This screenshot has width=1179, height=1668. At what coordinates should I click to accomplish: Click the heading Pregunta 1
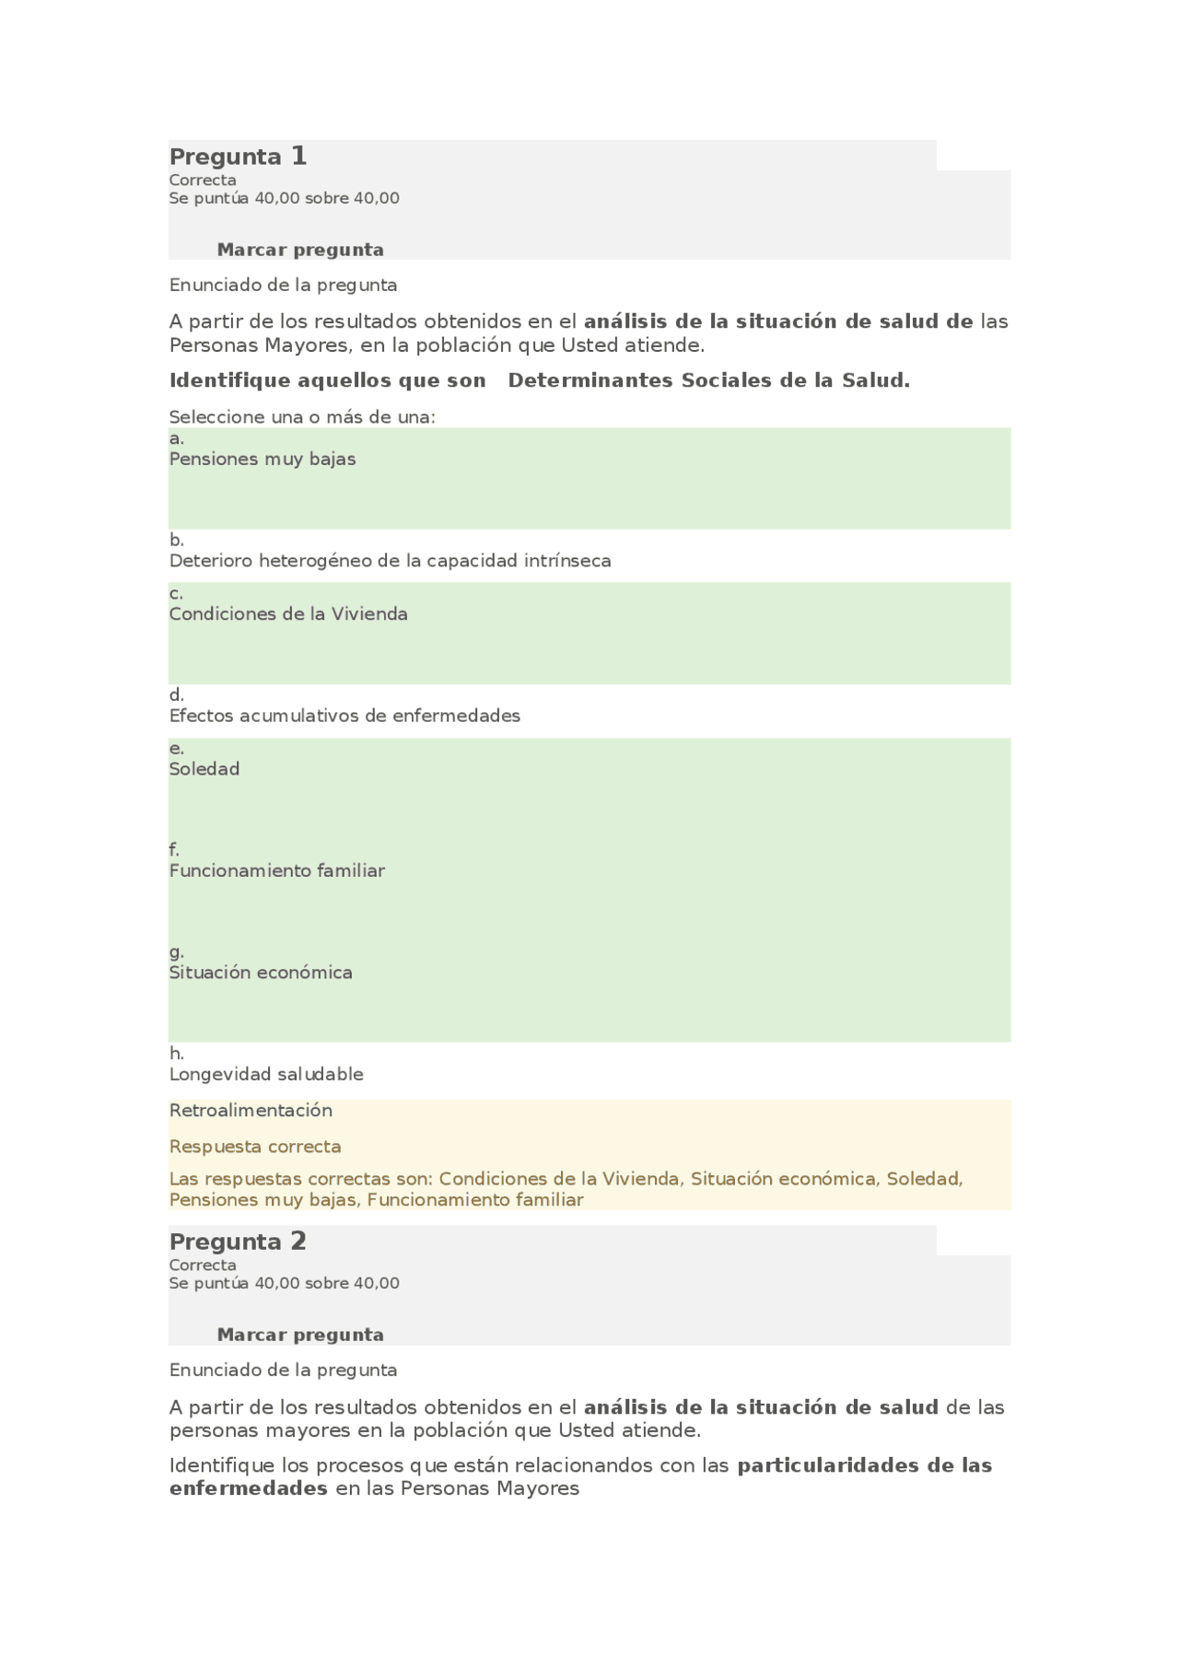point(238,157)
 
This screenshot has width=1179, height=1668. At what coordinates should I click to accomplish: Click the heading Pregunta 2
point(238,1242)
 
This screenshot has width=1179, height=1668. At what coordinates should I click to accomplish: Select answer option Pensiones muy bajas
point(263,459)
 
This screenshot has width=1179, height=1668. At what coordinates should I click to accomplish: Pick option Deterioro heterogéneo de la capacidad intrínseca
point(390,561)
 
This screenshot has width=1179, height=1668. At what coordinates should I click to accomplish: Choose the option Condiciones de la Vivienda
point(288,614)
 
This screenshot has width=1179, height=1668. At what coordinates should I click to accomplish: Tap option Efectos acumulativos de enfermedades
point(344,716)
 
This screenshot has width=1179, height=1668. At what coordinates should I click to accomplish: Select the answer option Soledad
point(204,769)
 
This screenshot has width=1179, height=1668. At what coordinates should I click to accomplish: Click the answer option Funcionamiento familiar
point(277,870)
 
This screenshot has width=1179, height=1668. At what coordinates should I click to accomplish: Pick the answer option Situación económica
point(261,973)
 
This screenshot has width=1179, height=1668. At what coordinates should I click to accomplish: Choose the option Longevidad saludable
point(266,1074)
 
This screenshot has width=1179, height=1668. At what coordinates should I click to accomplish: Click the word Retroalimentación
point(251,1110)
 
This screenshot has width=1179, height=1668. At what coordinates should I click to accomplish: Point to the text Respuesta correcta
point(255,1147)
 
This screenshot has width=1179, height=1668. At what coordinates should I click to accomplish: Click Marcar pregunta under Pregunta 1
point(300,250)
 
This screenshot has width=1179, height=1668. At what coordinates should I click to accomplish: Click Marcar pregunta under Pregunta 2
point(300,1335)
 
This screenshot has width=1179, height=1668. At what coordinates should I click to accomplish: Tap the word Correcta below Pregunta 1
point(203,181)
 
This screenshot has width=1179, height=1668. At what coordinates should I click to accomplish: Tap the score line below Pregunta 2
point(284,1283)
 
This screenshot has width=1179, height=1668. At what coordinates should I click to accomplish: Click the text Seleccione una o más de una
point(302,417)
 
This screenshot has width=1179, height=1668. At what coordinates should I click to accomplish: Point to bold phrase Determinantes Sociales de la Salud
point(708,380)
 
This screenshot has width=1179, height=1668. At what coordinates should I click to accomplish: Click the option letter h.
point(176,1054)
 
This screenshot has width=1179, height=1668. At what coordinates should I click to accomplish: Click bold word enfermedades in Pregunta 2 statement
point(249,1488)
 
